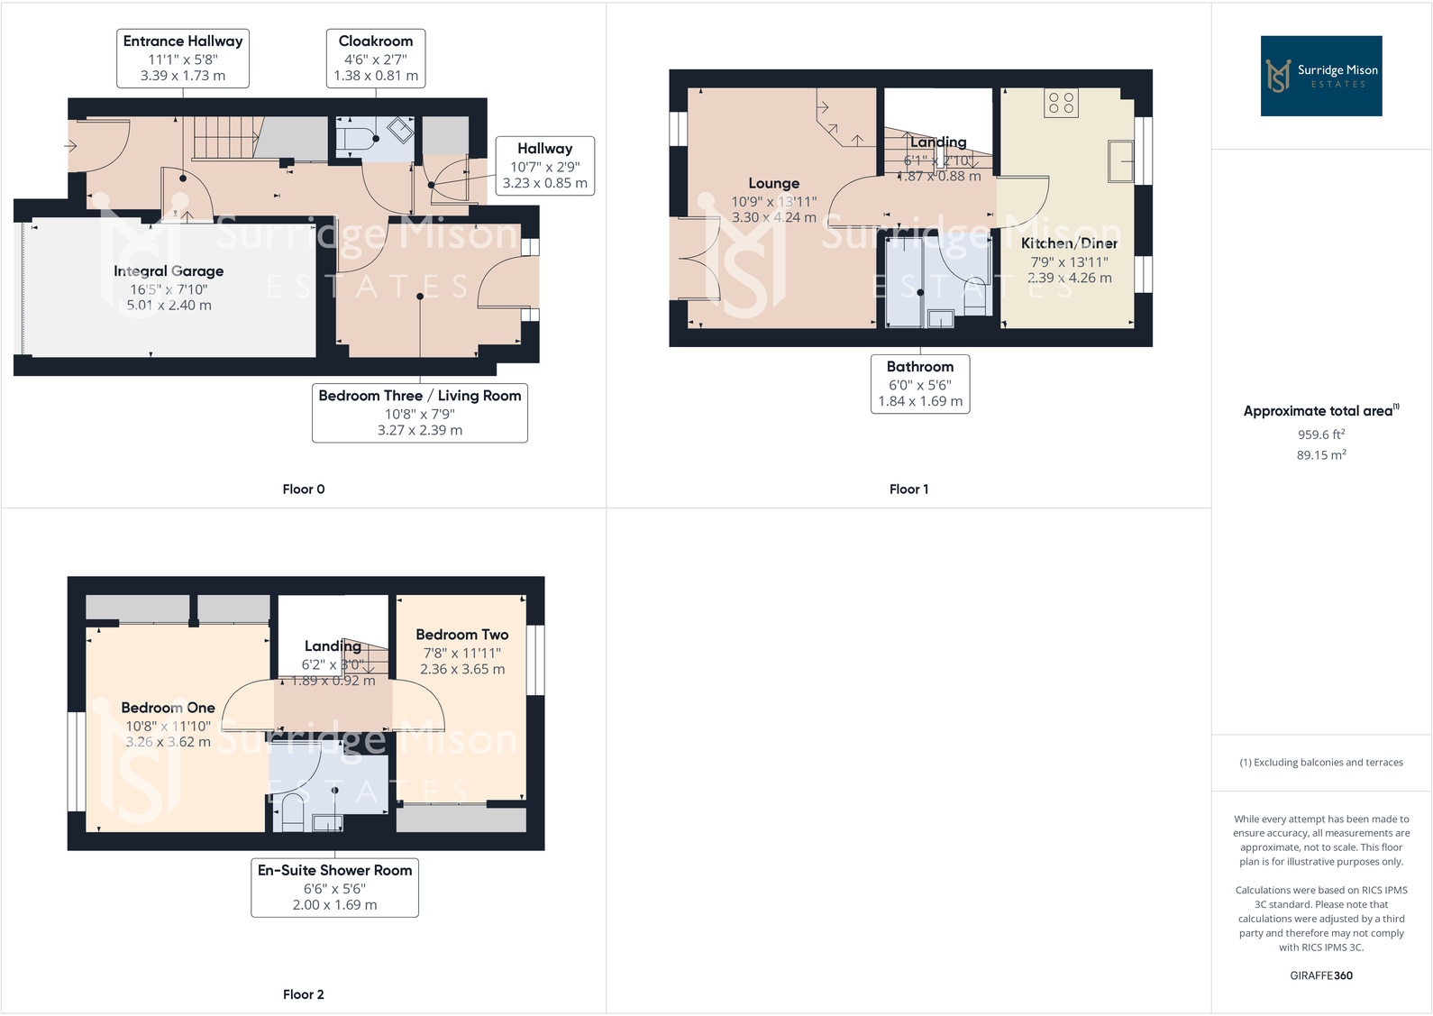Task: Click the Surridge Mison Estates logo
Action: tap(1320, 76)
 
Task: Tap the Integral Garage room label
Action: tap(169, 271)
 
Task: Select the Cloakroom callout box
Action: tap(376, 58)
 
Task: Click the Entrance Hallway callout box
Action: tap(183, 58)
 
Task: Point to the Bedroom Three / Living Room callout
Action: tap(419, 413)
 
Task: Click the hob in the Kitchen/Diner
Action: tap(1062, 103)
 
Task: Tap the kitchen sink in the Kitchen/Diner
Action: tap(1120, 161)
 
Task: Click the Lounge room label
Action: tap(773, 184)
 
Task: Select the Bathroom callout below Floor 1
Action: tap(919, 384)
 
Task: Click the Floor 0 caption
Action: tap(303, 490)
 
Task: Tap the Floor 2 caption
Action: tap(303, 994)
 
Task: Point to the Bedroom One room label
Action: tap(168, 709)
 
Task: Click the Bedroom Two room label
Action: tap(461, 636)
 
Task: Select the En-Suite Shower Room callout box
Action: tap(334, 887)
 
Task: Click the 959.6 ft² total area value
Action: tap(1320, 435)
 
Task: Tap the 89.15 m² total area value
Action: tap(1320, 455)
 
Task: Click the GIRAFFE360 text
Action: tap(1320, 975)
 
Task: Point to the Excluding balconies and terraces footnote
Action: tap(1320, 763)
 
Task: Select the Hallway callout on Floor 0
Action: tap(544, 166)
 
